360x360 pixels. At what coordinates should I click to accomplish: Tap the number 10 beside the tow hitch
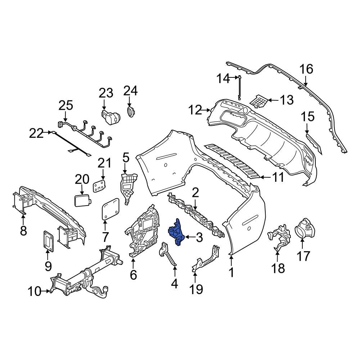35,291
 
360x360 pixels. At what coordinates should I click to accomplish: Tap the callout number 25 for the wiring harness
66,106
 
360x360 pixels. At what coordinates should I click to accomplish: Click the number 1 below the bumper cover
231,272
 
